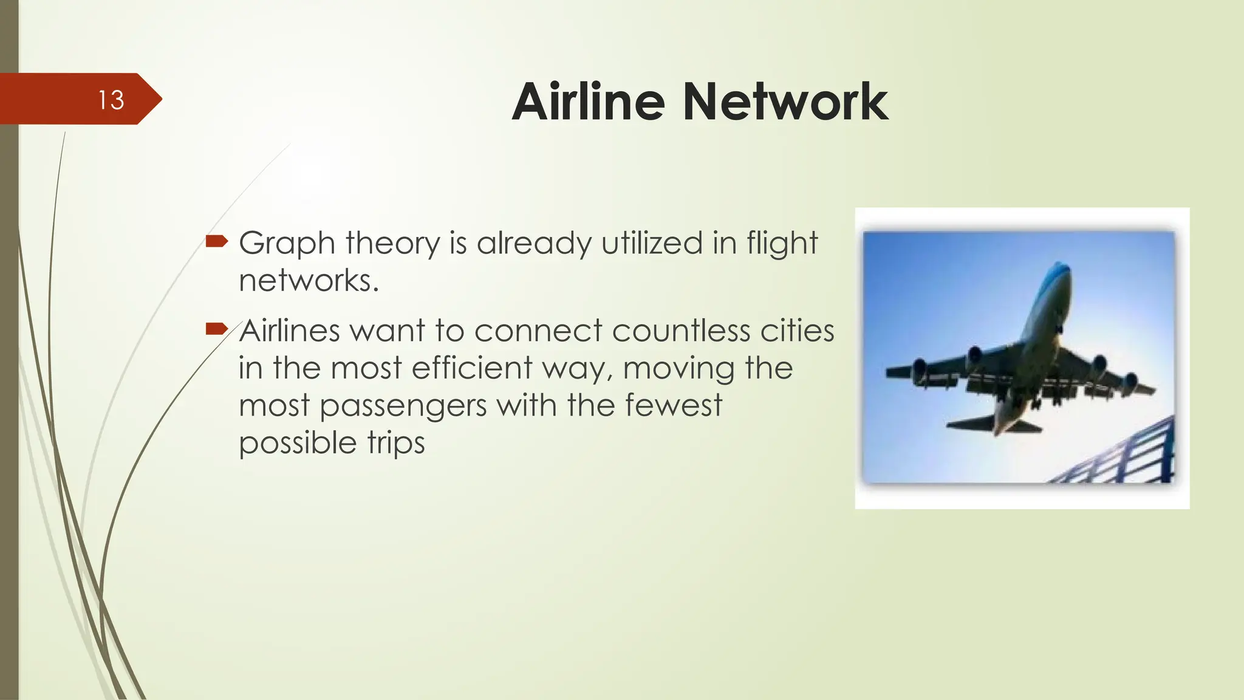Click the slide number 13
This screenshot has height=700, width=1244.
click(111, 100)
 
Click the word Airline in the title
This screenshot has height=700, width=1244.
click(589, 101)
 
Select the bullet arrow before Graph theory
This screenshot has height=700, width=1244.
click(216, 242)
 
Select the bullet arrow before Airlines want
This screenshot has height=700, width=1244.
click(216, 330)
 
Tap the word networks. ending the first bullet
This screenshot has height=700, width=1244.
click(309, 281)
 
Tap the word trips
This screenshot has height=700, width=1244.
click(395, 444)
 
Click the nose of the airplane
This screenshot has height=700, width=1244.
click(1060, 270)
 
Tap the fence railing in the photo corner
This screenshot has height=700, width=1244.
click(1130, 456)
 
